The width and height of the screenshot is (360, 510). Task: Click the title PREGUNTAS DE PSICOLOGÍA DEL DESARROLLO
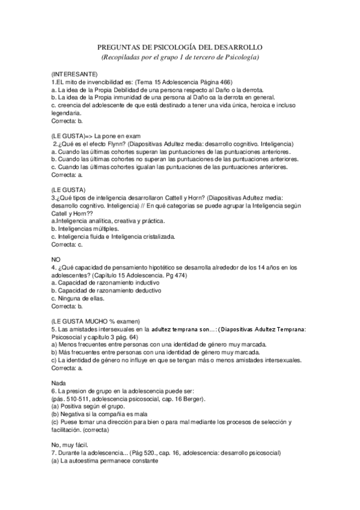[180, 47]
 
